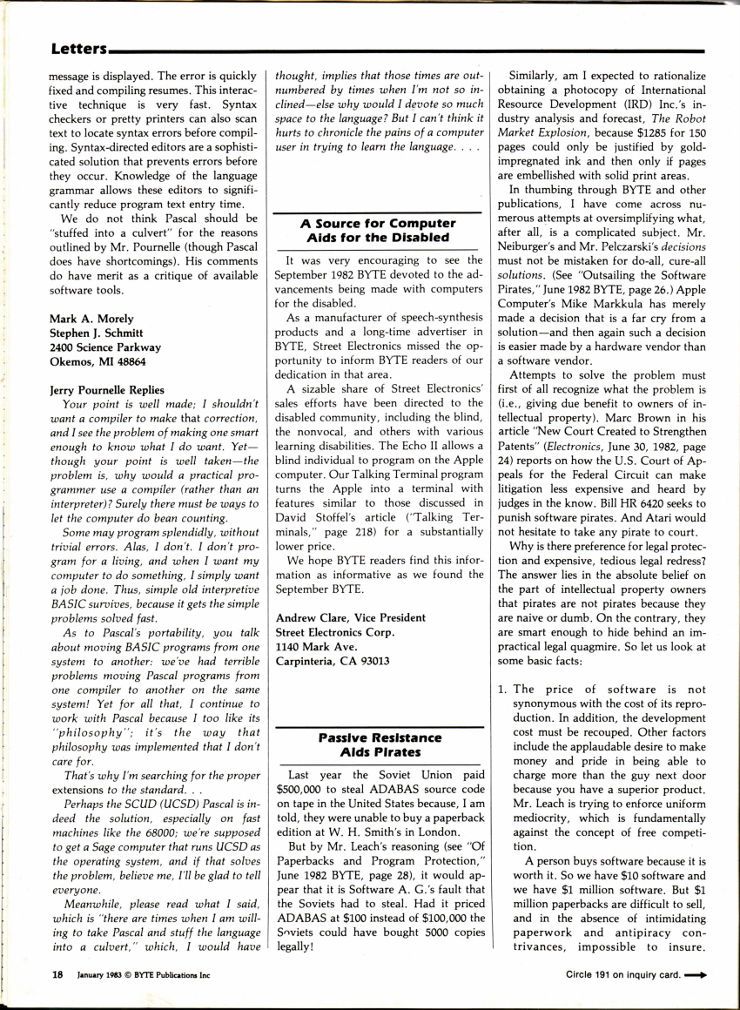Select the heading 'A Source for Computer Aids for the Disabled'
pyautogui.click(x=377, y=230)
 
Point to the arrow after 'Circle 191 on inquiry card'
pyautogui.click(x=695, y=975)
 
